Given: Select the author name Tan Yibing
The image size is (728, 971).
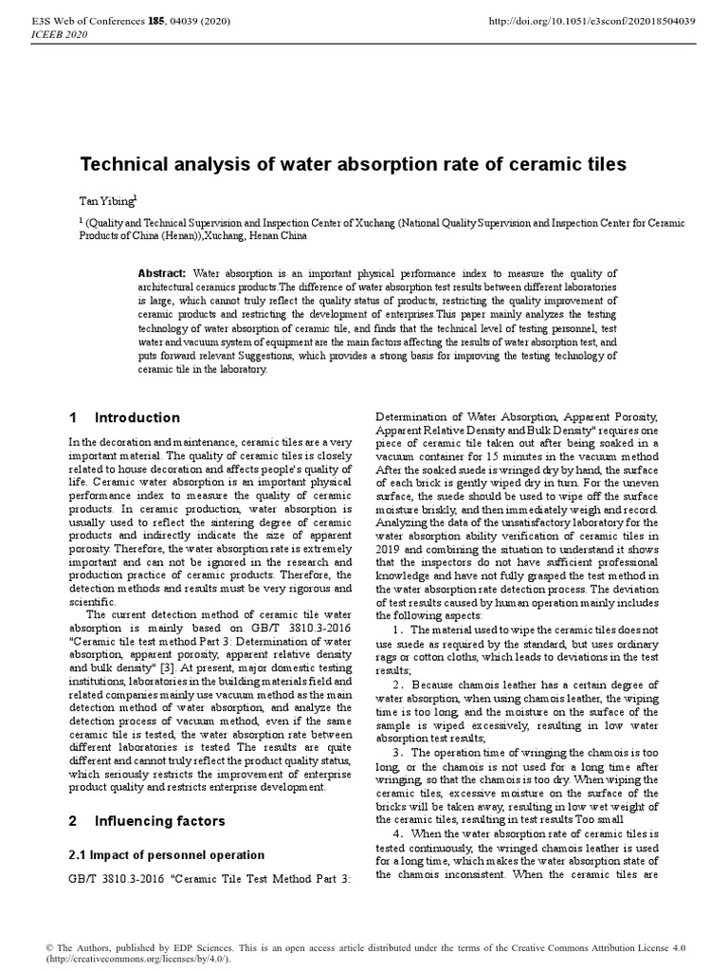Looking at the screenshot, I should (x=106, y=202).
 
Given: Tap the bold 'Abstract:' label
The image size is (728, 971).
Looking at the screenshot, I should (x=162, y=273).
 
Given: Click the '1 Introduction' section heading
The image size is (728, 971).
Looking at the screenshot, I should (x=124, y=417).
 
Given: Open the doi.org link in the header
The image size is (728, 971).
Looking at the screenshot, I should (x=590, y=20).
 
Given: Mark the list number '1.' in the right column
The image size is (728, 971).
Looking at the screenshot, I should (x=398, y=629).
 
